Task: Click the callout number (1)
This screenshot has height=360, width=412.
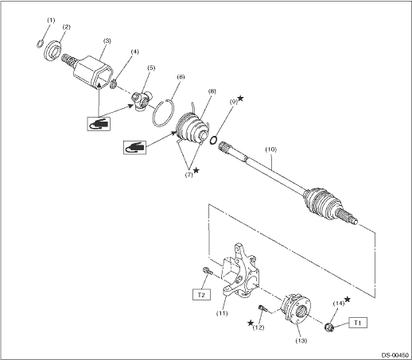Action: pos(51,20)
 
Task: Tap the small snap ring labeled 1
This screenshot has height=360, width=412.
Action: pos(39,44)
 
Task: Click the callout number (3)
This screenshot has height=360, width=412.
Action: pos(107,41)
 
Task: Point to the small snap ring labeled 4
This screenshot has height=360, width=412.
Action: pos(113,84)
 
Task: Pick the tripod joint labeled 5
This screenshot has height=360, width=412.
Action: pos(142,100)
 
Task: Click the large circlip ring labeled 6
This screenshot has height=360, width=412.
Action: pos(164,112)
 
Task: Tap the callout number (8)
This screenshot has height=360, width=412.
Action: pos(212,91)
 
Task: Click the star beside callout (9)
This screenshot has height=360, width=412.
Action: pos(240,99)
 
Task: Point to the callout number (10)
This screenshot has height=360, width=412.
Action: pos(271,149)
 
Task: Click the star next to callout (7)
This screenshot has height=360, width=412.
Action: pos(196,170)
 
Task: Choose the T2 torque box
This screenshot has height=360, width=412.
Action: pos(201,295)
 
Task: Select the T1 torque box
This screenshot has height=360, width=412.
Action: pos(358,323)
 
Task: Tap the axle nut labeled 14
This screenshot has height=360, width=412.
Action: pos(329,327)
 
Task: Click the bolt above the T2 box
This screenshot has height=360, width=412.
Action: pos(208,271)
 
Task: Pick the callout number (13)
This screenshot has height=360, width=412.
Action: pos(301,340)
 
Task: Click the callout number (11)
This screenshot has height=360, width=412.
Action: pos(222,313)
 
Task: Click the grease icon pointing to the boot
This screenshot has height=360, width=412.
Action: pos(135,148)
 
